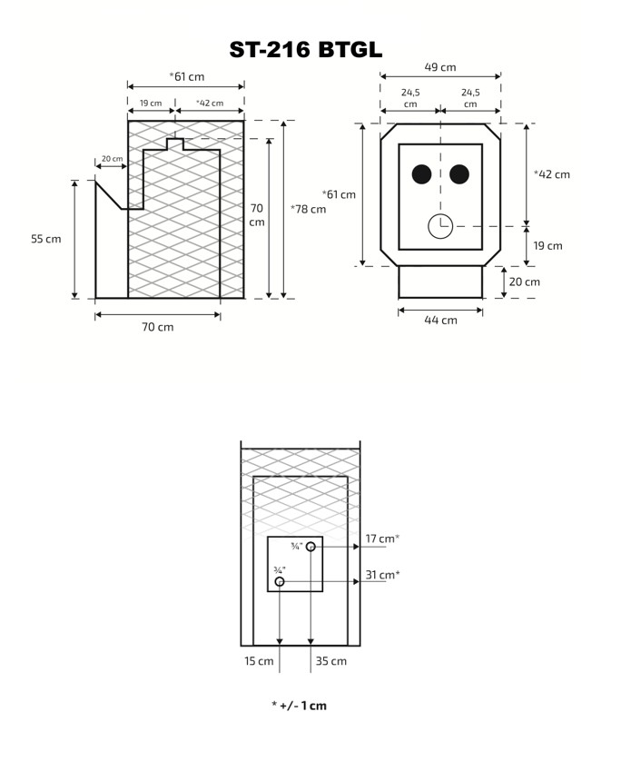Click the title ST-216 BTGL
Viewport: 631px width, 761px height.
(x=306, y=50)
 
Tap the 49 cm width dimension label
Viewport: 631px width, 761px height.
(x=440, y=67)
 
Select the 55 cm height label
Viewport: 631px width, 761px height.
(x=46, y=239)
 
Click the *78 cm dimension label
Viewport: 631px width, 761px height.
(x=308, y=209)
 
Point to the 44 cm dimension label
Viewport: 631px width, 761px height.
(x=440, y=321)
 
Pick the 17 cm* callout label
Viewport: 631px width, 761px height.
(x=382, y=539)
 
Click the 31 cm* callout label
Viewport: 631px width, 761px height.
(x=382, y=575)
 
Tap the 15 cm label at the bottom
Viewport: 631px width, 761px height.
(x=259, y=661)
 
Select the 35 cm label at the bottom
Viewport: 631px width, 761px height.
(x=331, y=661)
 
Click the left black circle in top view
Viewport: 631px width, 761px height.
(x=421, y=174)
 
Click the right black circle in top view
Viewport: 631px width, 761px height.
(x=459, y=174)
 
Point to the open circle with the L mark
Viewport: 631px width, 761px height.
(x=440, y=226)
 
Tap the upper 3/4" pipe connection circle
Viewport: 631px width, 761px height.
(x=311, y=547)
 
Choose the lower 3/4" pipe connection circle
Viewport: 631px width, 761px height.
(x=280, y=581)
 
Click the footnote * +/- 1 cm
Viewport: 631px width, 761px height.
(x=299, y=706)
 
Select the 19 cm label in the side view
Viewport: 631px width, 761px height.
(x=151, y=104)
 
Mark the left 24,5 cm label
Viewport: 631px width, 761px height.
(x=410, y=97)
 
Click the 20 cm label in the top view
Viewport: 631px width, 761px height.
(x=524, y=282)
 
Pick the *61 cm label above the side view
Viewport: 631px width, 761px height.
(x=187, y=76)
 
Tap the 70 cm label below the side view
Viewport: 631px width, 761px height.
(x=158, y=327)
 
